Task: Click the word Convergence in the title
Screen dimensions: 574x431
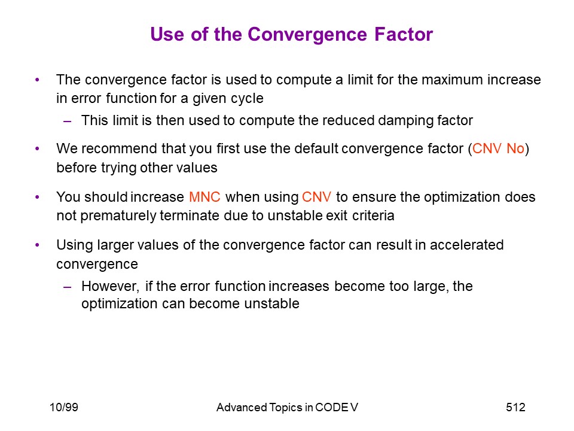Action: [x=307, y=35]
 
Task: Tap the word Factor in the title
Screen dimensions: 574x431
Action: [x=404, y=34]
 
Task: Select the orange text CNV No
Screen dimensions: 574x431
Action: [x=498, y=148]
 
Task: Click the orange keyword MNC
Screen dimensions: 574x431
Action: [x=204, y=197]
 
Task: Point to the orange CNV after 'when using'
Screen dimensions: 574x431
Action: [x=317, y=197]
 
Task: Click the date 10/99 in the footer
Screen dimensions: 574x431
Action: [x=64, y=407]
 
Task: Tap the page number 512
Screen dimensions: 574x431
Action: [x=515, y=407]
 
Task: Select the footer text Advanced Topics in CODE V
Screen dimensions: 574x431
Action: [x=287, y=407]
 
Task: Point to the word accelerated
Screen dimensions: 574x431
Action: [x=467, y=245]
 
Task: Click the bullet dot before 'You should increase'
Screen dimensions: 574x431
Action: [x=37, y=197]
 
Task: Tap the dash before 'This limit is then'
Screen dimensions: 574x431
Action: [x=68, y=121]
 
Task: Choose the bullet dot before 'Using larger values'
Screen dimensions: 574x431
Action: [x=37, y=245]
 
